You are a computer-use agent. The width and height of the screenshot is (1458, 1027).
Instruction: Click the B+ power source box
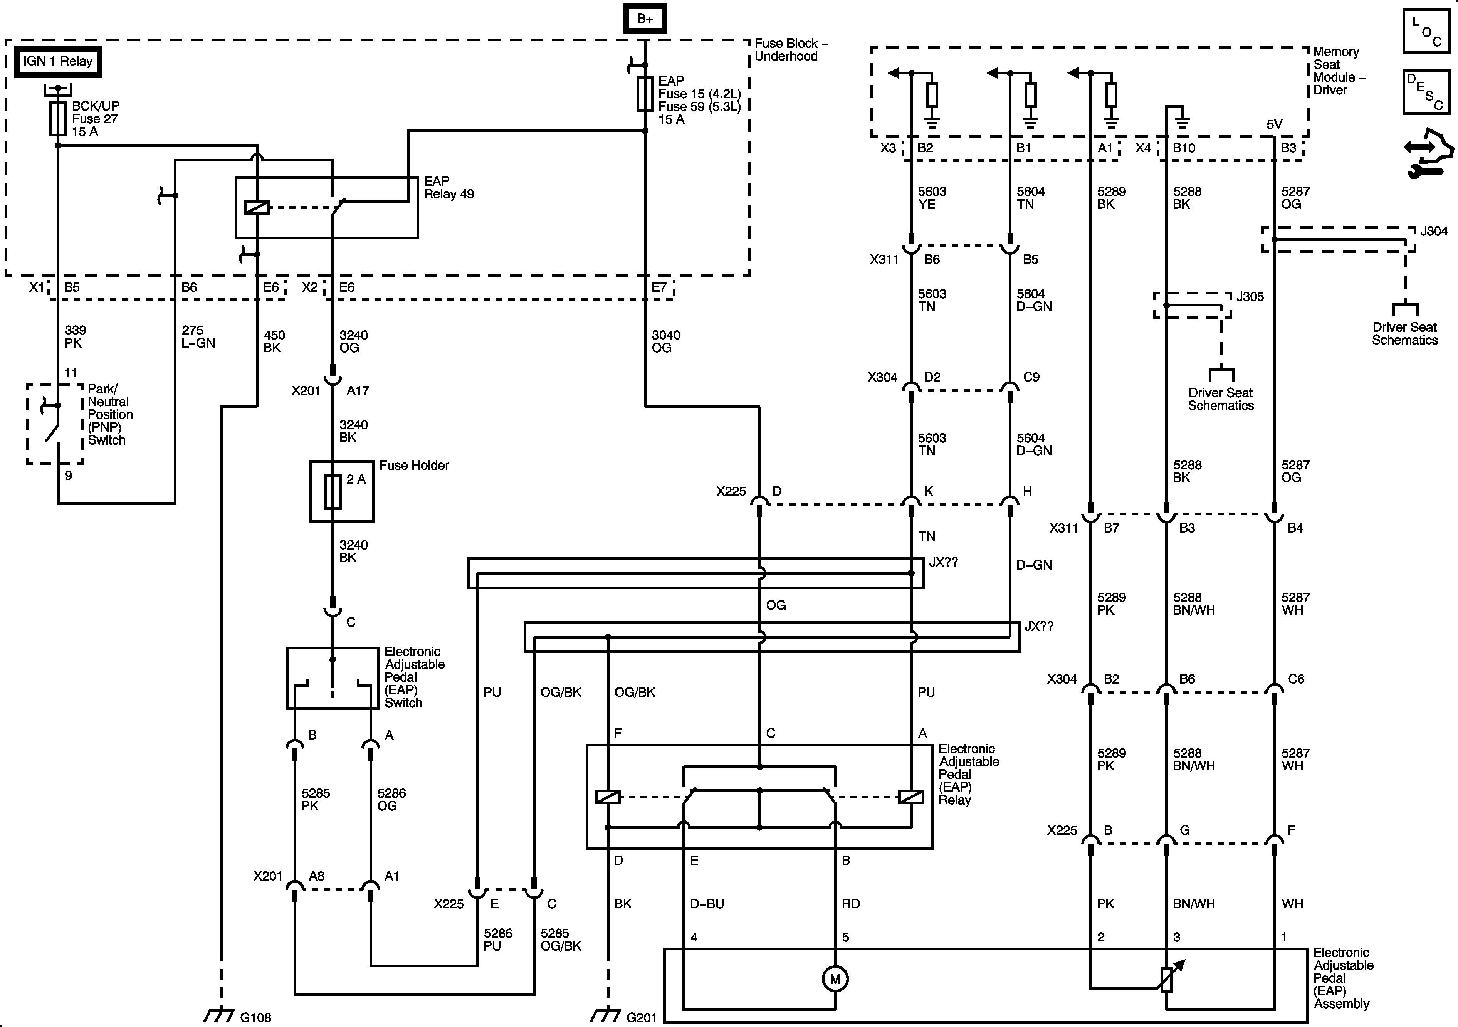[x=645, y=18]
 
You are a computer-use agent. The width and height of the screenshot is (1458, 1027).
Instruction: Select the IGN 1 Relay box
[x=58, y=62]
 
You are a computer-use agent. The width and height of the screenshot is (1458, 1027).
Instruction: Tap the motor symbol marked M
[x=835, y=979]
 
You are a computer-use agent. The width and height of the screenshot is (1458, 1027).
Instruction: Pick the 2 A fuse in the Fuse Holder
[x=333, y=492]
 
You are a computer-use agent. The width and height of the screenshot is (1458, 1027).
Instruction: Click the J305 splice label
[x=1250, y=297]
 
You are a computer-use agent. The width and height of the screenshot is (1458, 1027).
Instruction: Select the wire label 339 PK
[x=75, y=337]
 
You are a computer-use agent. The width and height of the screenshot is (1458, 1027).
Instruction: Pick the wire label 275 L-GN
[x=198, y=337]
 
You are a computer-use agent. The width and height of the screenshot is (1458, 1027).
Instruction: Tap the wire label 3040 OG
[x=665, y=341]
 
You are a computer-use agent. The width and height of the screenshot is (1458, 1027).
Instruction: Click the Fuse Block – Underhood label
[x=791, y=50]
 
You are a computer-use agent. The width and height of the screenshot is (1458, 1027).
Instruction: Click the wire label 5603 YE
[x=932, y=198]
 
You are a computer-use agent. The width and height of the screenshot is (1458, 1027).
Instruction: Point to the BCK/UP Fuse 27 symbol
[x=58, y=119]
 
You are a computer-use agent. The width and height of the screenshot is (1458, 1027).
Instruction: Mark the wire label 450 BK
[x=274, y=341]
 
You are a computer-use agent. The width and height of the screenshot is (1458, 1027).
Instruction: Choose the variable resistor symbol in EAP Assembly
[x=1167, y=979]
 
